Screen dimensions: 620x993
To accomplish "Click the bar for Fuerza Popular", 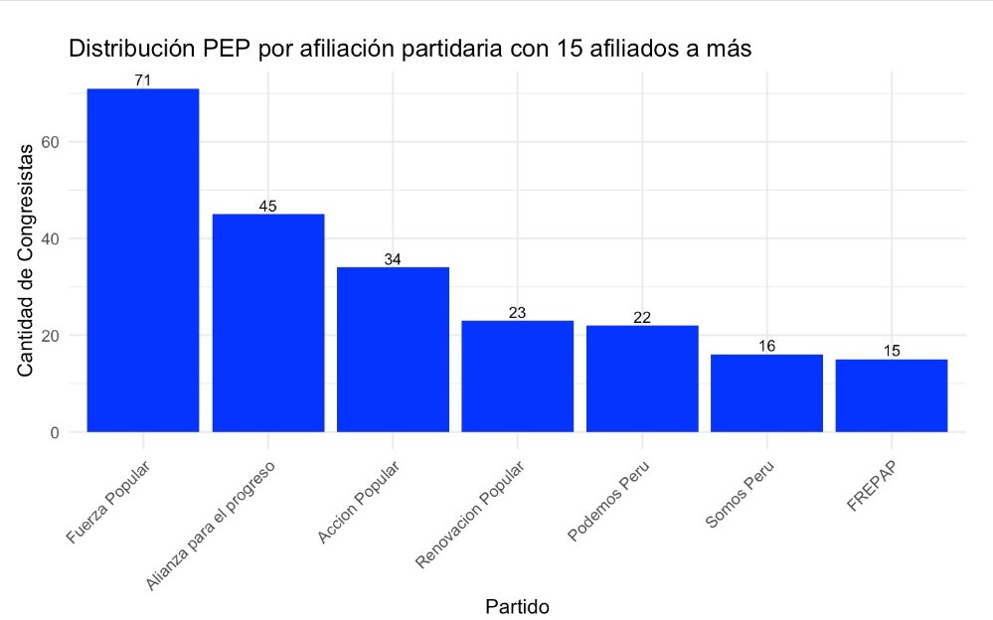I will [143, 260].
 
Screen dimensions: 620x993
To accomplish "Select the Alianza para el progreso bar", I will [268, 323].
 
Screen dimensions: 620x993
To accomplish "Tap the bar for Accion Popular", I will [393, 350].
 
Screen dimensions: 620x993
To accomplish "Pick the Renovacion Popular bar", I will [518, 377].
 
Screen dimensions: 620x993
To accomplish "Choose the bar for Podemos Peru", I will [642, 379].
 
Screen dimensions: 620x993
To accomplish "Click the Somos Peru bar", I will [767, 393].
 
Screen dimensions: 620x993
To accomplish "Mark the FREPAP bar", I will [892, 395].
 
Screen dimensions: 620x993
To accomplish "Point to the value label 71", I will [143, 80].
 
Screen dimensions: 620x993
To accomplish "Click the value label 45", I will [267, 206].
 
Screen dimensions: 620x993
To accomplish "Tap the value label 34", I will [393, 259].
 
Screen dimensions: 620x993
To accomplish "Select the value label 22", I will [642, 317].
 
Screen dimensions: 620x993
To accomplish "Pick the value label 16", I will [766, 346].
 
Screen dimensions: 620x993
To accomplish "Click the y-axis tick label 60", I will [52, 142].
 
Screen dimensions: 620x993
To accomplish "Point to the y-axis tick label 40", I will [52, 239].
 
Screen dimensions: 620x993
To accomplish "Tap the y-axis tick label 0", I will [57, 433].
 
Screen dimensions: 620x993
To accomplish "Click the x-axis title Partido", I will [517, 605].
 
